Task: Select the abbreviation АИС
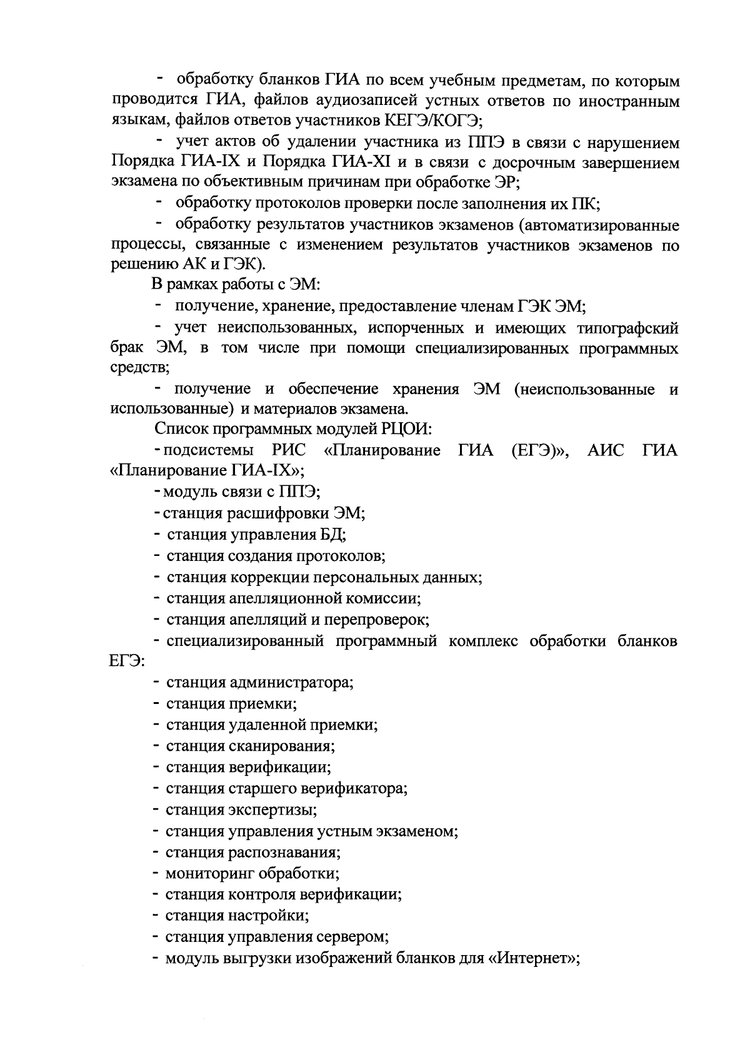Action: [606, 450]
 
